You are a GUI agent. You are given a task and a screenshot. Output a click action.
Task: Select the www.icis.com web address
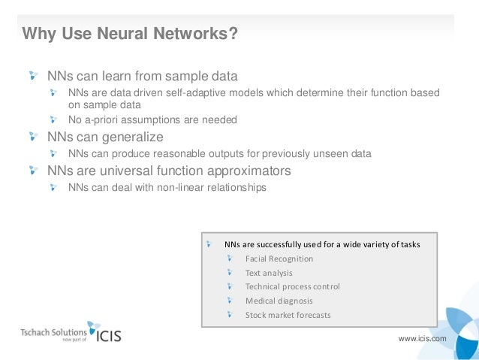pos(422,338)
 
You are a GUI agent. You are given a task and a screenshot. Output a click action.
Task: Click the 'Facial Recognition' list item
pos(279,259)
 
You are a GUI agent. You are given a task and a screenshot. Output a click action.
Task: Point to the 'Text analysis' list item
pos(269,273)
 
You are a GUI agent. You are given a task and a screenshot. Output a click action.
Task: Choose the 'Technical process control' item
pos(292,286)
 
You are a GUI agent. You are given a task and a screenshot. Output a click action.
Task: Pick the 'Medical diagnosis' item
pos(279,301)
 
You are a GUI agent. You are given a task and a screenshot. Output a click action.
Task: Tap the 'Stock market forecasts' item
pos(288,315)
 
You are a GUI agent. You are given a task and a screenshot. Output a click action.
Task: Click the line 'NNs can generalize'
pos(105,137)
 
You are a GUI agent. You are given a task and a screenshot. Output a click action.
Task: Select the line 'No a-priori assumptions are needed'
pos(152,119)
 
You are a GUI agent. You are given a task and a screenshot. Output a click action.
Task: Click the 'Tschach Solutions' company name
pos(53,331)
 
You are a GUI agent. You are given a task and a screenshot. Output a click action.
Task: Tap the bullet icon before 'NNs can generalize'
pos(34,136)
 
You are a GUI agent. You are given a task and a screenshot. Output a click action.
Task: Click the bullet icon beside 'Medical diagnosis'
pos(229,301)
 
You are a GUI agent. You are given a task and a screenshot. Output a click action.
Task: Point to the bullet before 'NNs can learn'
pos(34,75)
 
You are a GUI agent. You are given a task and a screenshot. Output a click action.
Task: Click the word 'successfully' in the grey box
pos(280,245)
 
